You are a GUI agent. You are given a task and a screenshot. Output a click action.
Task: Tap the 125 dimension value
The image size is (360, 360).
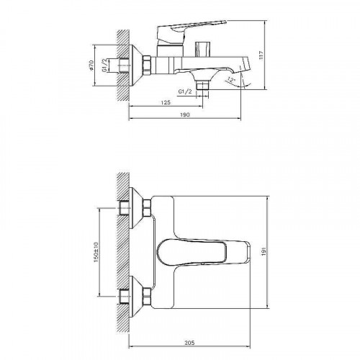click(x=166, y=100)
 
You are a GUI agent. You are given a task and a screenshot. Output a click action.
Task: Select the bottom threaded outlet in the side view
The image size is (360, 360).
click(x=204, y=85)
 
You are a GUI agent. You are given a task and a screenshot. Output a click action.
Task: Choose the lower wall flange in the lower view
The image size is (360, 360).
click(x=135, y=295)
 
